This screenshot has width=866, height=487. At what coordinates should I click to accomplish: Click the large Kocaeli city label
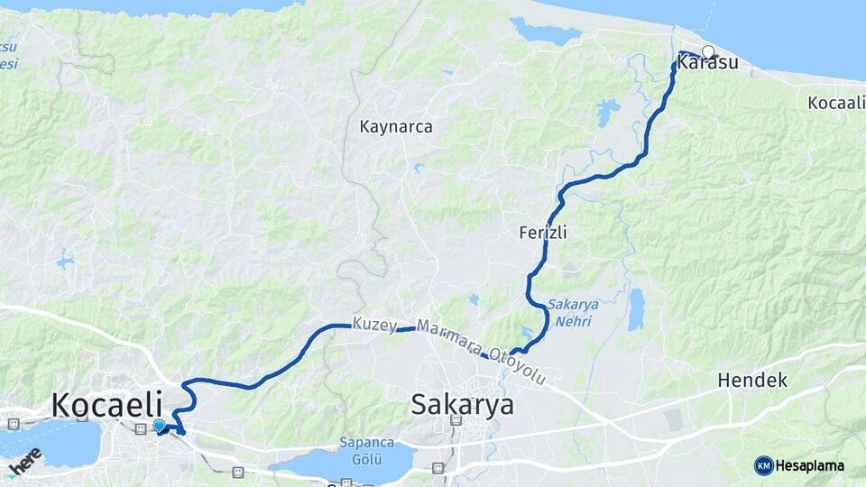click(x=106, y=404)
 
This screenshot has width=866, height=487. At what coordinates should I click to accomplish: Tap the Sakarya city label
click(x=462, y=404)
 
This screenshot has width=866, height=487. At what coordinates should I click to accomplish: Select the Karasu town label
click(x=707, y=63)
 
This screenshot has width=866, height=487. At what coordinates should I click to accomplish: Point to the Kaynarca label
click(x=396, y=127)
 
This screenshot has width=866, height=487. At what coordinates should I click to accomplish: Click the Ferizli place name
click(x=543, y=233)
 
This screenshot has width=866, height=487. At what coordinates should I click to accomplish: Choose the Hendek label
click(x=752, y=381)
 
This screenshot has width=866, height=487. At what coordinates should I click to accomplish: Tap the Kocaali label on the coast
click(x=836, y=103)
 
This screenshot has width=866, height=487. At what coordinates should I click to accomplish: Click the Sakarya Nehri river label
click(x=573, y=312)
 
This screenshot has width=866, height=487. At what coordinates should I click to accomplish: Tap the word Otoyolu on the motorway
click(x=518, y=366)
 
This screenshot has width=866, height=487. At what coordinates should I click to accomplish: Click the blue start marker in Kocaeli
click(x=159, y=426)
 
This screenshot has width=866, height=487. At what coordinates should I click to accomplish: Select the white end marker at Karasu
click(x=708, y=52)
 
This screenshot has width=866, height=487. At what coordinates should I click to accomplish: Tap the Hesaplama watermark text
click(x=809, y=465)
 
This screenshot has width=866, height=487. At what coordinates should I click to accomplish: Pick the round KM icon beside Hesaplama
click(x=763, y=465)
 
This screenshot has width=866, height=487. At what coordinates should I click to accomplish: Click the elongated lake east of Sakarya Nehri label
click(x=637, y=309)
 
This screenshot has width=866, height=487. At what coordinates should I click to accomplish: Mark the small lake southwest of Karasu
click(x=607, y=113)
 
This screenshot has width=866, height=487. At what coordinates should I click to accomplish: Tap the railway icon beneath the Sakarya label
click(x=438, y=468)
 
